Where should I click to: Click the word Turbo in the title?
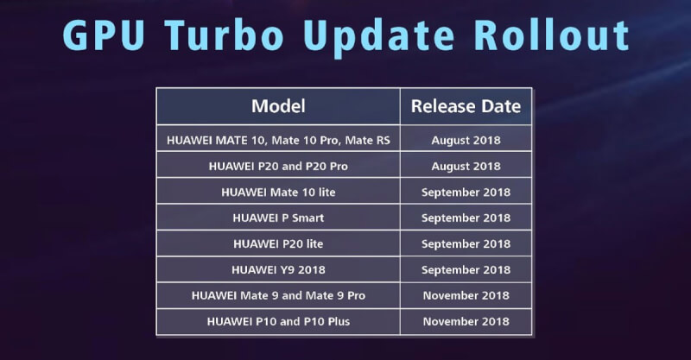click(x=224, y=35)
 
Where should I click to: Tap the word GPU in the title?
click(x=104, y=35)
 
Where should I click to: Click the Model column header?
click(x=278, y=106)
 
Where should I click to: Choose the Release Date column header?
click(x=466, y=106)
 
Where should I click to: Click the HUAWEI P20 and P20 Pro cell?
click(x=278, y=166)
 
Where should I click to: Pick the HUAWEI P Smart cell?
click(x=278, y=218)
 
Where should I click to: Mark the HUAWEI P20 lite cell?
click(x=278, y=243)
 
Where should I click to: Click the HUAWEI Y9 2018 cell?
click(x=278, y=269)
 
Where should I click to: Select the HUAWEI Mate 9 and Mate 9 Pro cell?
click(x=278, y=295)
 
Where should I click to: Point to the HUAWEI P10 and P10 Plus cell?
click(x=278, y=321)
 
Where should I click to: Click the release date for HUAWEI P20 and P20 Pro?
click(x=466, y=167)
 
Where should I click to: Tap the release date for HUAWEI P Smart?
click(x=466, y=218)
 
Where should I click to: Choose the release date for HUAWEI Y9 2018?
click(x=466, y=270)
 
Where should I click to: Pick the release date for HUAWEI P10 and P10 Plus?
click(x=466, y=321)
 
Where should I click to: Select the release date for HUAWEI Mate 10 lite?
click(x=466, y=193)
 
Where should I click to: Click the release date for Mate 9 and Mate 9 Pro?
click(x=466, y=295)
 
